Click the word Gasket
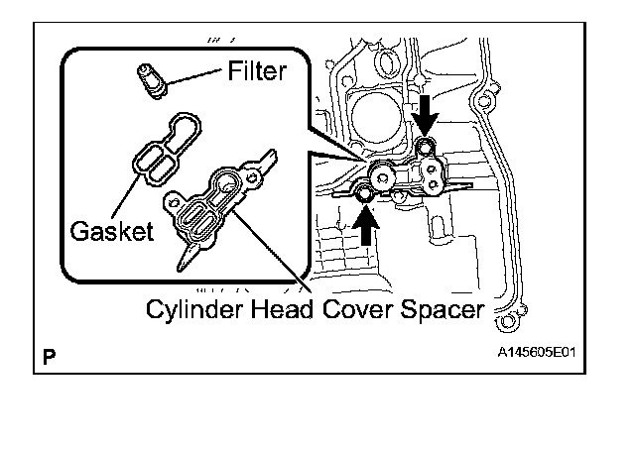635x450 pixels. tap(112, 231)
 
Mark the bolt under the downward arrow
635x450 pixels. tap(426, 150)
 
